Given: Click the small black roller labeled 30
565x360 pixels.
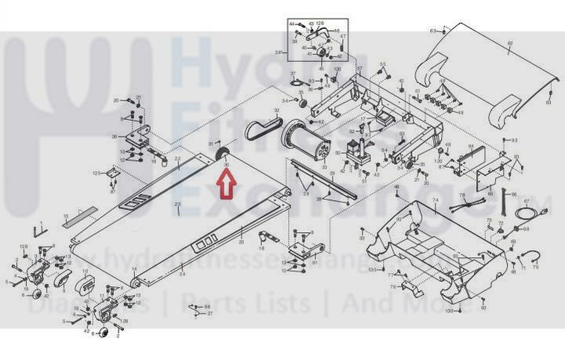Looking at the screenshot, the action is click(x=221, y=153).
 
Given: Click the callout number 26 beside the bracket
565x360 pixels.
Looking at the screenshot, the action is click(x=115, y=135).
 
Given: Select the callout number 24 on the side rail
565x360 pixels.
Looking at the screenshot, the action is click(x=182, y=274).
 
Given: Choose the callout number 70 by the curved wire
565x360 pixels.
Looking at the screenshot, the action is click(x=537, y=267).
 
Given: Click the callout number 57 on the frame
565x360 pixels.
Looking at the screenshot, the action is click(x=359, y=68).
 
